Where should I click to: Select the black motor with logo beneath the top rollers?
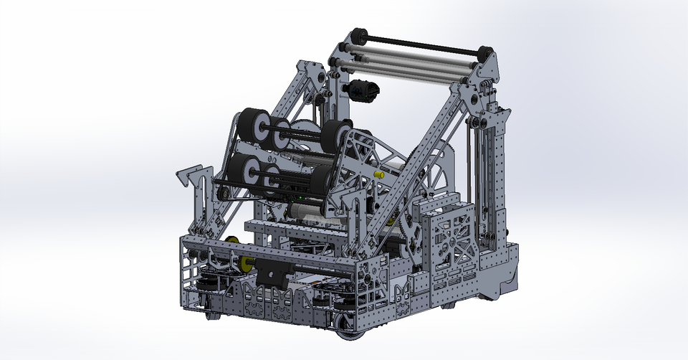(x=364, y=90)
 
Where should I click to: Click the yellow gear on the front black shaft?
(x=247, y=264)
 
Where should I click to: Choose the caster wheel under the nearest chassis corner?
(x=349, y=335)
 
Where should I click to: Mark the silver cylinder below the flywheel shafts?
(x=308, y=212)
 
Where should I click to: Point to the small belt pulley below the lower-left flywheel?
(x=223, y=192)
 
